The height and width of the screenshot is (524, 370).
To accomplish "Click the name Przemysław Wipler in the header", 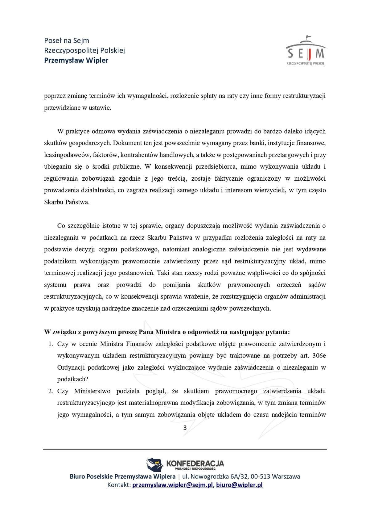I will tap(76, 60).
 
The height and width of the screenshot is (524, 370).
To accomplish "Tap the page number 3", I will tap(185, 428).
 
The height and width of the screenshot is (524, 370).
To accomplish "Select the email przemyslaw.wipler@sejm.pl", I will tap(173, 485).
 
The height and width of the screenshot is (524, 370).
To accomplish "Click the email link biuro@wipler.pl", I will tap(239, 485).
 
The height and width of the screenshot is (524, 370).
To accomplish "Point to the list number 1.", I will tap(51, 344).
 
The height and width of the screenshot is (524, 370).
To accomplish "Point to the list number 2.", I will tap(51, 391).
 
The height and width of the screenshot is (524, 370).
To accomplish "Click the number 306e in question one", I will tap(319, 355).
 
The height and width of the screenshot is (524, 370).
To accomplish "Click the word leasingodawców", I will tap(65, 155).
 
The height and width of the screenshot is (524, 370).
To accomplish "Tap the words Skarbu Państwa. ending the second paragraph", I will tap(67, 202).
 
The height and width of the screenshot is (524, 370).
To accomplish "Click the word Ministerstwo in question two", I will tap(92, 391).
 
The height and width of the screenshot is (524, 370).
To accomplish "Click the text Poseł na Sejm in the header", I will tap(67, 40).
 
